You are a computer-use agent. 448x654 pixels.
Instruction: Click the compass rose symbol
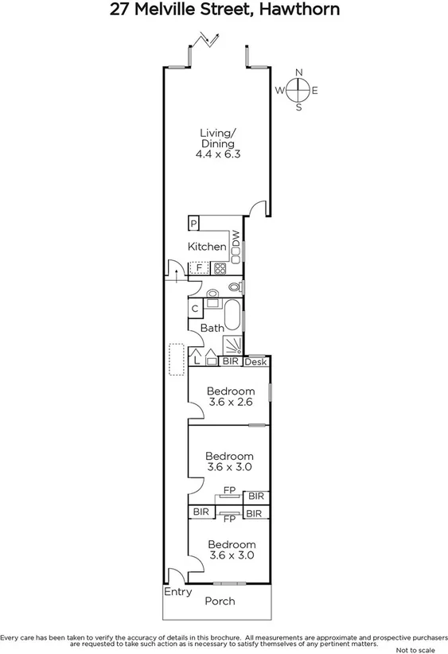click(298, 90)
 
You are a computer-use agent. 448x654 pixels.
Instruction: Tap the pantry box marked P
click(193, 224)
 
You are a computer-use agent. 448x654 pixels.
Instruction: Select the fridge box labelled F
click(199, 268)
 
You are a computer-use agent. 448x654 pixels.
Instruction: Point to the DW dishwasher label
click(236, 239)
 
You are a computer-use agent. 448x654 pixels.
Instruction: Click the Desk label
click(255, 362)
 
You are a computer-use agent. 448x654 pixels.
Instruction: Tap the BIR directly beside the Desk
click(230, 361)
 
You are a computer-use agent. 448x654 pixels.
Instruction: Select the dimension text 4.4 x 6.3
click(218, 155)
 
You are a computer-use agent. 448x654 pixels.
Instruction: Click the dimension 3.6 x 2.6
click(230, 403)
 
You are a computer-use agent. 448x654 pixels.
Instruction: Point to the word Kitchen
click(207, 247)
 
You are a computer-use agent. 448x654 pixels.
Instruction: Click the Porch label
click(220, 601)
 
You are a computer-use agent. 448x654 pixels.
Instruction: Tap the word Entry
click(177, 592)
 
